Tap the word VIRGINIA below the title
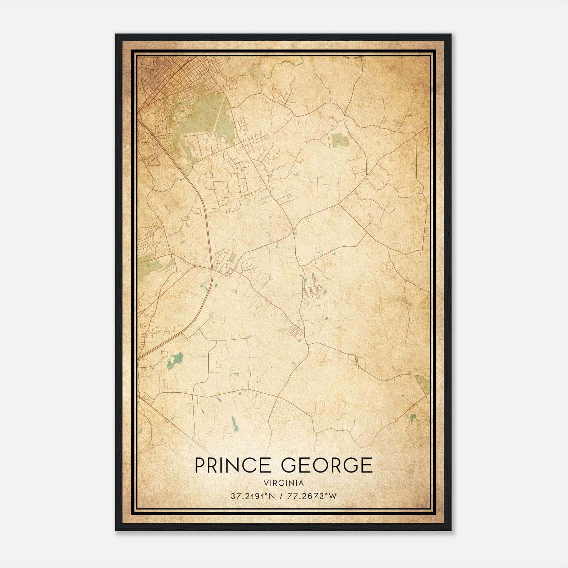click(x=284, y=483)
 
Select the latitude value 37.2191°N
click(x=253, y=496)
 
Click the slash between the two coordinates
click(x=281, y=496)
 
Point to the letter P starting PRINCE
click(x=199, y=465)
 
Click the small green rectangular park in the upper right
click(x=340, y=140)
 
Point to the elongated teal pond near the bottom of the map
click(x=234, y=422)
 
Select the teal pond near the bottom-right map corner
click(x=413, y=418)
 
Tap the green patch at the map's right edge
click(x=424, y=384)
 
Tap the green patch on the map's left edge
click(x=149, y=264)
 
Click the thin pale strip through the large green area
click(x=218, y=114)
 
